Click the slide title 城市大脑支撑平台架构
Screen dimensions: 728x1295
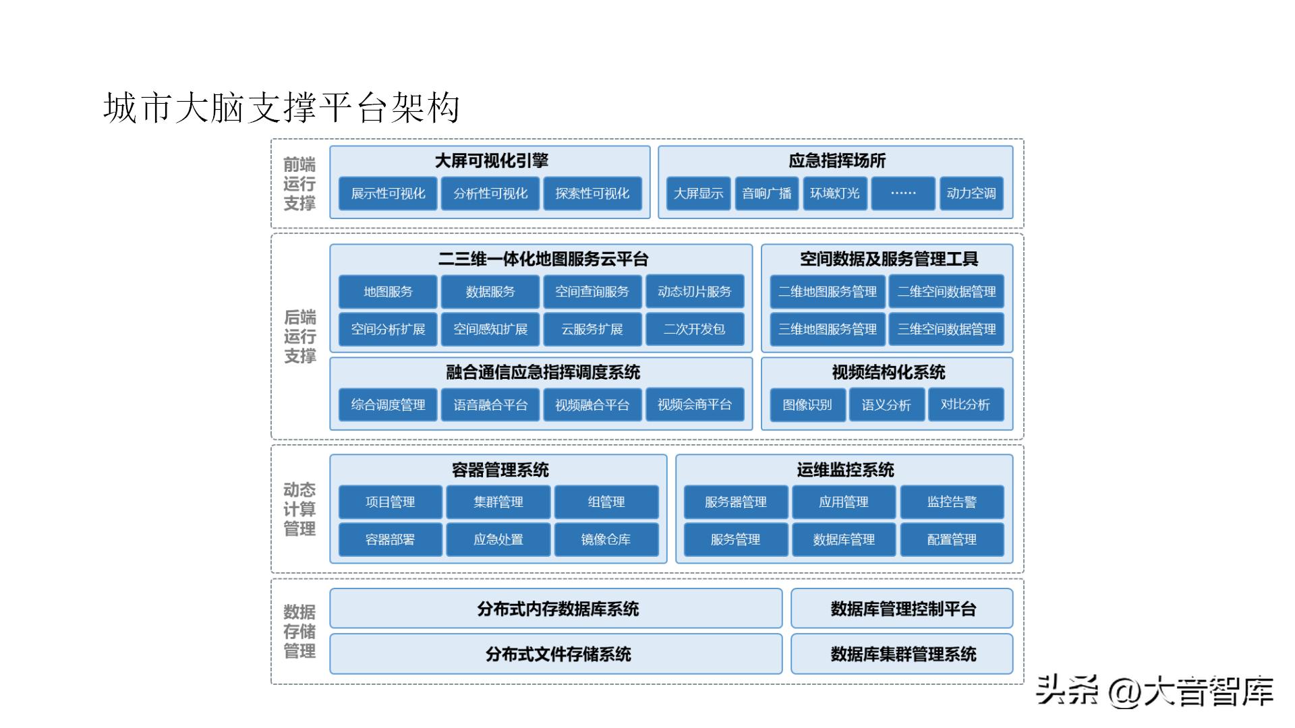tap(281, 108)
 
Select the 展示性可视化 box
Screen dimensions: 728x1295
tap(388, 193)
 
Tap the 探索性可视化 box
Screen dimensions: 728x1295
tap(592, 193)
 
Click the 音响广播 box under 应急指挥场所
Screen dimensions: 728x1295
tap(767, 193)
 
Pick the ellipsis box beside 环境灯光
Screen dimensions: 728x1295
tap(903, 193)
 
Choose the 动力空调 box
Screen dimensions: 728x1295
tap(971, 193)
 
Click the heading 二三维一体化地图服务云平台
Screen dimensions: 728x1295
tap(543, 259)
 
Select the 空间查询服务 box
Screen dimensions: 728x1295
tap(592, 291)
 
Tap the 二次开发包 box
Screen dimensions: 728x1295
tap(695, 329)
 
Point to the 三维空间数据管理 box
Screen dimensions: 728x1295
tap(946, 329)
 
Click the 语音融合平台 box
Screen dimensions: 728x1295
tap(490, 404)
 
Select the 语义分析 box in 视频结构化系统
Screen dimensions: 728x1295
tap(886, 404)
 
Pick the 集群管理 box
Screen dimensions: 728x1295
tap(498, 502)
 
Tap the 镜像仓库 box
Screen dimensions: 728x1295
tap(606, 539)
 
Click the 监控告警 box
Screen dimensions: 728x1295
tap(952, 502)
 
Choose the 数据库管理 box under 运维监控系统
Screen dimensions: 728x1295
tap(844, 539)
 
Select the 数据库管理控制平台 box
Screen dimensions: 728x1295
tap(902, 609)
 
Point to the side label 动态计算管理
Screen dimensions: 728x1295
tap(299, 509)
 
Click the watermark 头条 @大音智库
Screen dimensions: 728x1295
tap(1155, 691)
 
